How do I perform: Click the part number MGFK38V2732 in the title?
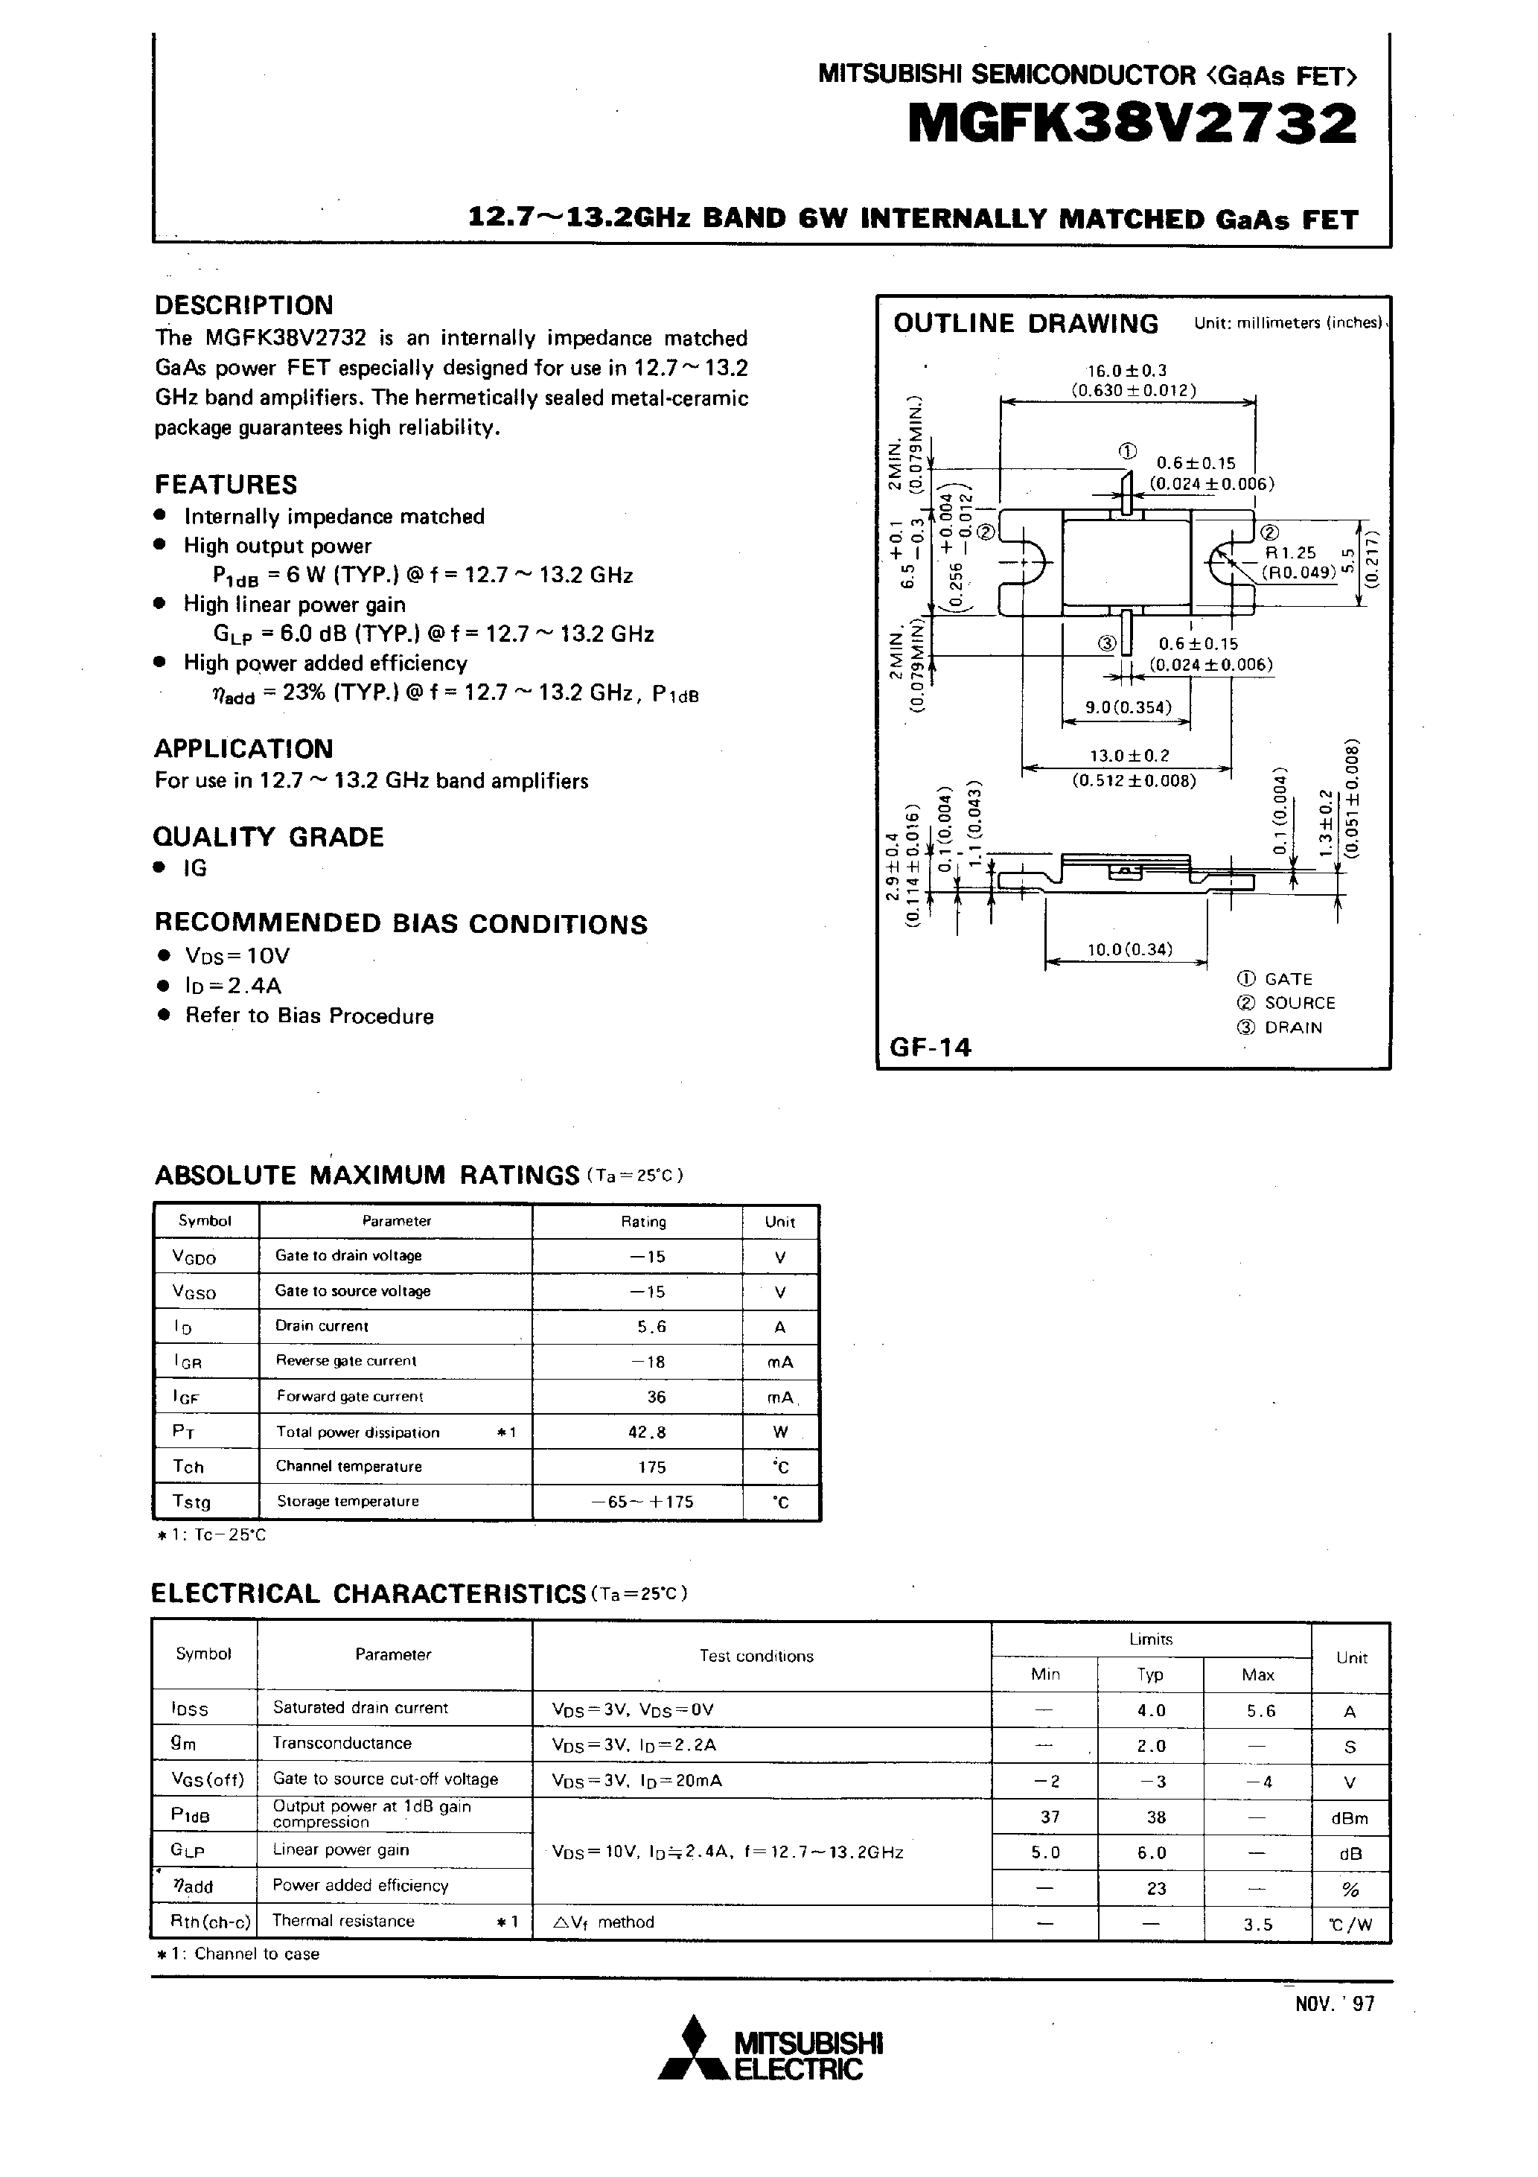pyautogui.click(x=1132, y=124)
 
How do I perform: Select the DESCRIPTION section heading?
pyautogui.click(x=243, y=305)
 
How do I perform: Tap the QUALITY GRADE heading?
pyautogui.click(x=268, y=838)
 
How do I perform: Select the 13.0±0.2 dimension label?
pyautogui.click(x=1129, y=756)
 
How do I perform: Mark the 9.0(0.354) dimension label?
pyautogui.click(x=1127, y=707)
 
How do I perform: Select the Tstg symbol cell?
pyautogui.click(x=191, y=1502)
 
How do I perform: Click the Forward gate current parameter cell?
pyautogui.click(x=350, y=1396)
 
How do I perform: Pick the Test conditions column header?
pyautogui.click(x=756, y=1657)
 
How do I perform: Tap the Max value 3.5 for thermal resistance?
pyautogui.click(x=1257, y=1924)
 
